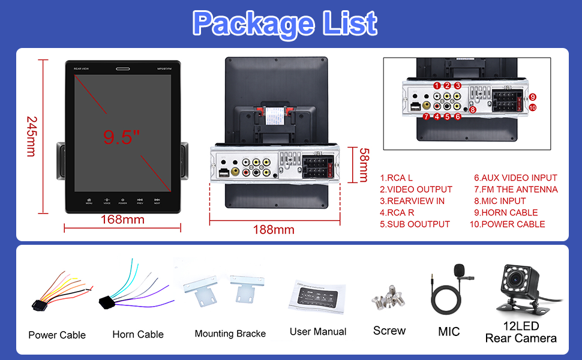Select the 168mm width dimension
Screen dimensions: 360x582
tap(122, 219)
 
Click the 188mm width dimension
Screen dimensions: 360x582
tap(274, 230)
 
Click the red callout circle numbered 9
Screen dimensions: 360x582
tap(532, 97)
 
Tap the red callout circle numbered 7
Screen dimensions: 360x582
tap(426, 116)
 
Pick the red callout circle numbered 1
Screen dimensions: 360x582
tap(437, 86)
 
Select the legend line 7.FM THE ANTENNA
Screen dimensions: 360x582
tap(515, 190)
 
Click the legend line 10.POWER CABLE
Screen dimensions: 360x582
tap(507, 224)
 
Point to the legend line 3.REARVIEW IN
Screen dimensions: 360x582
tap(412, 201)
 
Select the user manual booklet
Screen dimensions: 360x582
tap(317, 298)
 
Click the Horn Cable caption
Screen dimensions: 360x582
tap(138, 335)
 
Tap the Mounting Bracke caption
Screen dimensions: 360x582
tap(230, 334)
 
